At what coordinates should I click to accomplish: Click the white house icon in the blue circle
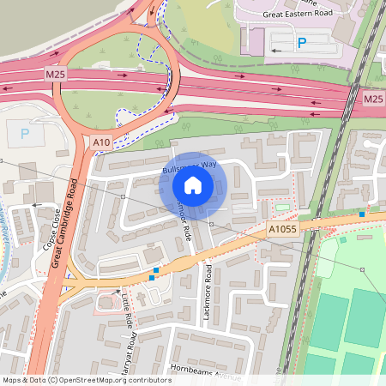tap(193, 184)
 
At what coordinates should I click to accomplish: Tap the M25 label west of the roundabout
tap(56, 75)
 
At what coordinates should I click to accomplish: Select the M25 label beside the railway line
tap(372, 100)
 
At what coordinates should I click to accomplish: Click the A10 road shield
tap(100, 142)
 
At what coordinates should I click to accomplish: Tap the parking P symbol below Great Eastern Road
tap(301, 42)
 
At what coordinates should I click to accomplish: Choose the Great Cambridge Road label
tap(69, 223)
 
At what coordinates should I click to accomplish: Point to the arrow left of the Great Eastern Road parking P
tap(275, 51)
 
